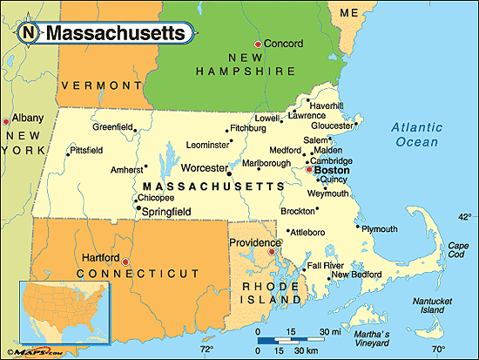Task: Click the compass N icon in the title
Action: pyautogui.click(x=30, y=33)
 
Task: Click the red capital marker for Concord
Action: pyautogui.click(x=257, y=44)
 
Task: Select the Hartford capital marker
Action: pyautogui.click(x=125, y=261)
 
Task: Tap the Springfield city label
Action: pyautogui.click(x=167, y=210)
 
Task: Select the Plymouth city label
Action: pyautogui.click(x=379, y=229)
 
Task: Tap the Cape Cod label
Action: pyautogui.click(x=457, y=249)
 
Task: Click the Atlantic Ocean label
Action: pyautogui.click(x=416, y=134)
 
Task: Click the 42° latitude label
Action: pyautogui.click(x=465, y=217)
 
